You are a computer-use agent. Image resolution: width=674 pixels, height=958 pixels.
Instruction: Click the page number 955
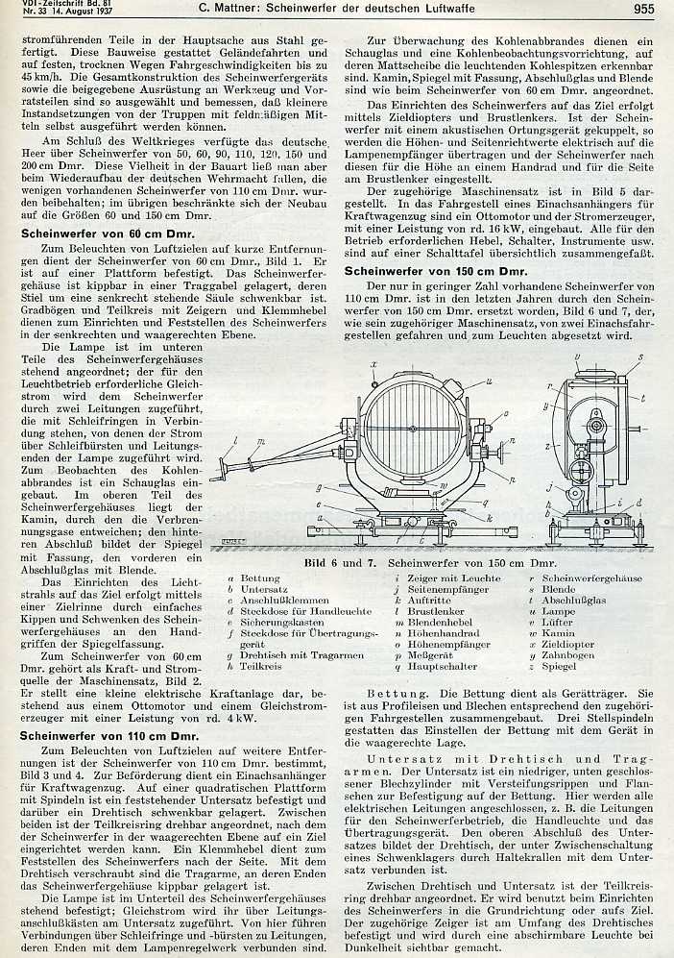coord(644,11)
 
